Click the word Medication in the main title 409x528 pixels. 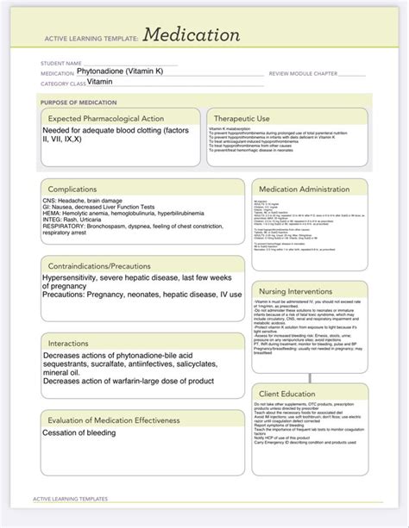point(192,35)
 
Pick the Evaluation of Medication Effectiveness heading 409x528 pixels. point(113,419)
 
